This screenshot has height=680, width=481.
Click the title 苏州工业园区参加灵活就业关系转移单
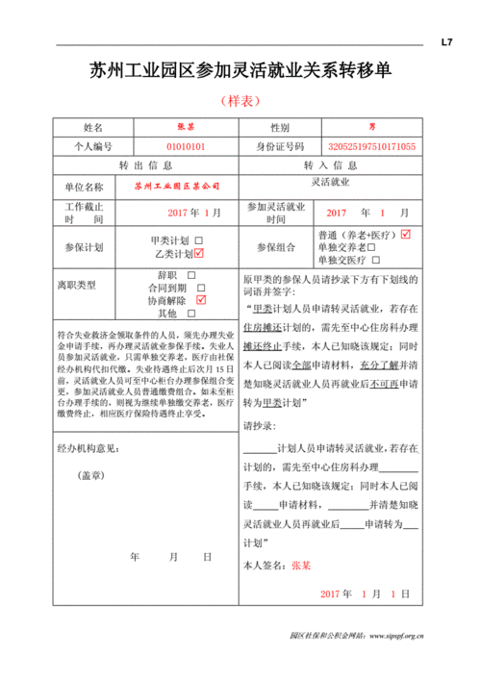pos(240,71)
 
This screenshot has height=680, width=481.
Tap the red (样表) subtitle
pos(240,100)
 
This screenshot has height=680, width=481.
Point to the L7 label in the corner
pos(446,42)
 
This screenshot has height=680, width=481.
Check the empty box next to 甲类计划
pos(199,239)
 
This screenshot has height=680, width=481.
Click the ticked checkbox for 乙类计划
pos(199,253)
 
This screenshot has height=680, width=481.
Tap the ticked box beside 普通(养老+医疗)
pos(406,234)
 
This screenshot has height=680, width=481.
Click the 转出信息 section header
pos(145,165)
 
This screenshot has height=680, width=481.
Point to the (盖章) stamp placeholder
pos(91,475)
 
